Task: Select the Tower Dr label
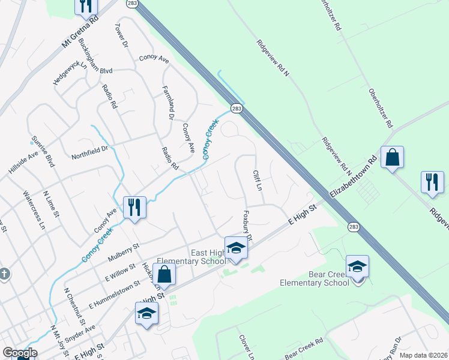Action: point(122,35)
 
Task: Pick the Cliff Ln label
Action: point(258,179)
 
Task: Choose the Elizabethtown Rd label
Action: point(354,179)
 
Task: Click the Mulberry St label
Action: point(124,250)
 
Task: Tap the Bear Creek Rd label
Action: point(304,347)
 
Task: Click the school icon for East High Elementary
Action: point(237,248)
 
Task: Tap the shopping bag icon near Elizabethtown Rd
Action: point(392,158)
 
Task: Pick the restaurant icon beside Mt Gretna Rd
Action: point(86,6)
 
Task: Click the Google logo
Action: point(20,353)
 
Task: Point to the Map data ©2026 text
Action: point(423,355)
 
